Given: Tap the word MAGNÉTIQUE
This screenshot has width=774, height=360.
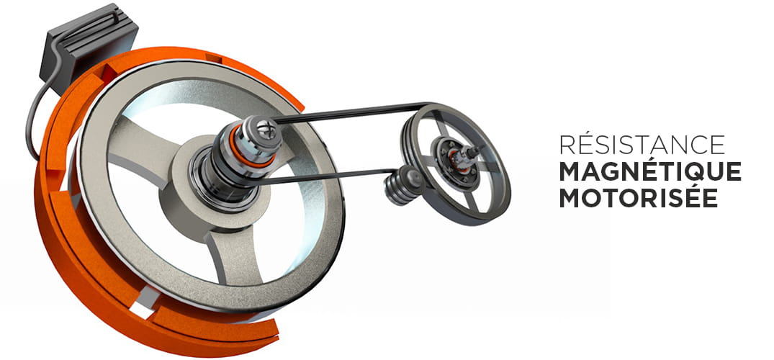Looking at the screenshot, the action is (x=650, y=171).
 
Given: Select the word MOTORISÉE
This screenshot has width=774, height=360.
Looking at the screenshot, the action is (x=638, y=197).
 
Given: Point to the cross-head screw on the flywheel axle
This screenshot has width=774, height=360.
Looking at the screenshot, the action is (x=263, y=130).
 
